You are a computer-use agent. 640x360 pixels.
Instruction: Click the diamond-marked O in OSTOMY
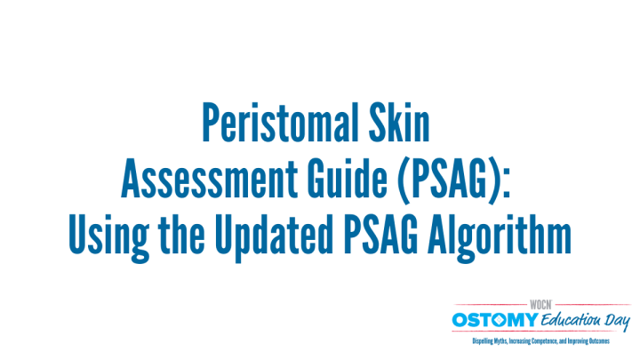500,320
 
